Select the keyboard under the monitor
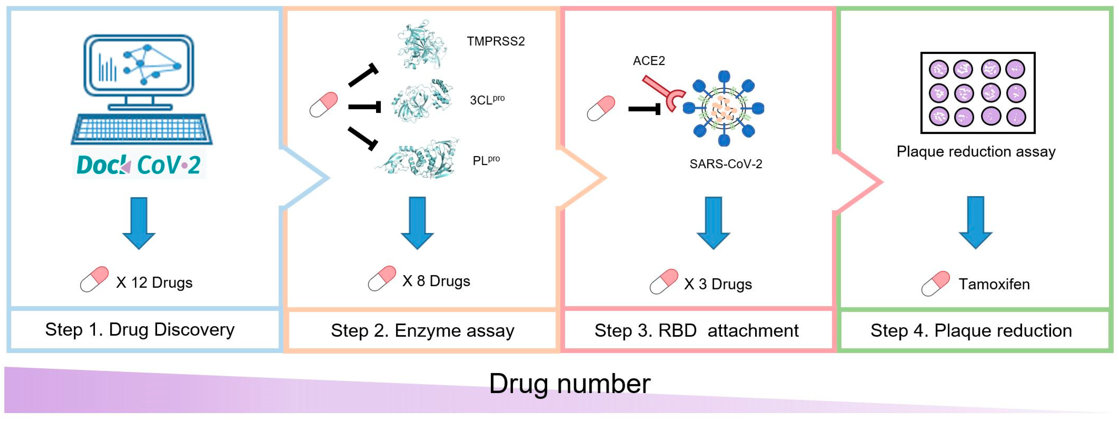point(142,129)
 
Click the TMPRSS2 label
point(496,41)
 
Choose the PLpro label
point(486,160)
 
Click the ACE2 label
point(649,61)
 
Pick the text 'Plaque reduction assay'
point(976,152)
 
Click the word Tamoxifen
point(994,284)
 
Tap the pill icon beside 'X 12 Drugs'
point(94,279)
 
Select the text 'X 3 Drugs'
point(718,284)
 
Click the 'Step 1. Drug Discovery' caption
point(140,330)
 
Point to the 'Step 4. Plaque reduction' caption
point(971,331)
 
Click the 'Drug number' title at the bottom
point(569,384)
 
